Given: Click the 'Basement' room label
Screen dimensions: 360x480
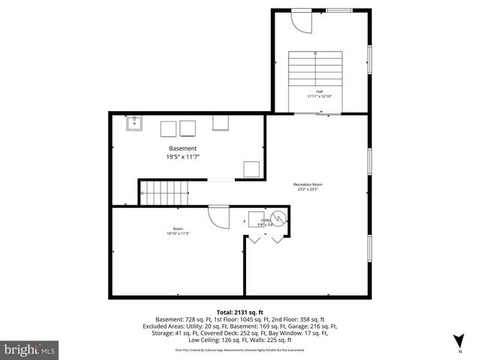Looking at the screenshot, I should click(182, 148).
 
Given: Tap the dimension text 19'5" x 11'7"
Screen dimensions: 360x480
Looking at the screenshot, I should click(182, 157).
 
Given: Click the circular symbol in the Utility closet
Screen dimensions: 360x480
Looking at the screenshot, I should click(278, 219).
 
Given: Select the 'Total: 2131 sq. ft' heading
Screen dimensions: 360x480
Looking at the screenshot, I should click(240, 311).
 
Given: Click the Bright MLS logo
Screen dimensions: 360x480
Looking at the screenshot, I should click(30, 349).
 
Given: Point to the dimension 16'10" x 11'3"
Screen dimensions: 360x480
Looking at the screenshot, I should click(178, 234).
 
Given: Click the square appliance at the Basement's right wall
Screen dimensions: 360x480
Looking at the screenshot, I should click(251, 169).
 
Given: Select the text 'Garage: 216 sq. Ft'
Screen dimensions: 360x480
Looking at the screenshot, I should click(313, 326).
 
